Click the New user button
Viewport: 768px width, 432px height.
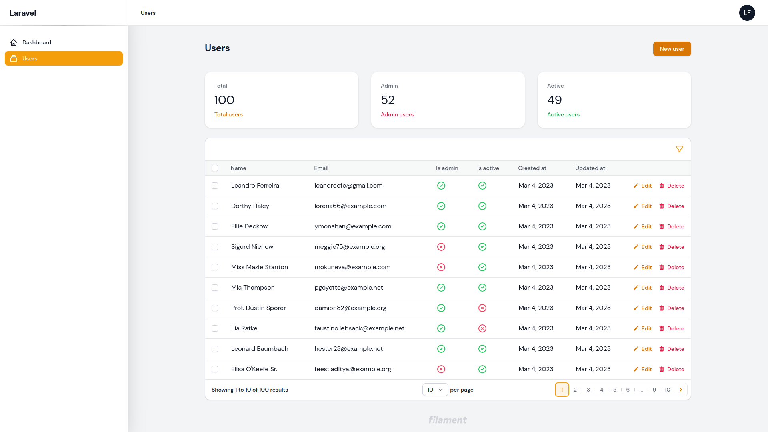click(x=672, y=49)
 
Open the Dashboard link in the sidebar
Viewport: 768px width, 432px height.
click(x=36, y=42)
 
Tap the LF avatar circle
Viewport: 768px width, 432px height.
click(x=747, y=13)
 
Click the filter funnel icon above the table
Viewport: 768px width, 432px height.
click(x=679, y=149)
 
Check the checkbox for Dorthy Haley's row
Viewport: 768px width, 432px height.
click(x=215, y=206)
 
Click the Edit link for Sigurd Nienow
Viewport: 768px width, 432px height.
click(x=643, y=247)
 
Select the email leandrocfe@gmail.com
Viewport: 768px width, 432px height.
click(x=348, y=186)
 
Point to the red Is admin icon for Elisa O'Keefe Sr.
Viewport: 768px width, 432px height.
click(x=441, y=369)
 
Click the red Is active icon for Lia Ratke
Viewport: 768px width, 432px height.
click(x=482, y=328)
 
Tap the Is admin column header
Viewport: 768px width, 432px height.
click(x=447, y=168)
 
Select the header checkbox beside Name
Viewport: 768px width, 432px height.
click(x=215, y=168)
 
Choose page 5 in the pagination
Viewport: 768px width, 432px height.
click(x=615, y=390)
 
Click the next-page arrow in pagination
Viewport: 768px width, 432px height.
click(x=681, y=390)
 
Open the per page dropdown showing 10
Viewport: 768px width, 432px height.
click(x=435, y=390)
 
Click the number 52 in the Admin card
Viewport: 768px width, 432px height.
click(x=388, y=100)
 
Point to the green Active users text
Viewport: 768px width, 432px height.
click(x=563, y=114)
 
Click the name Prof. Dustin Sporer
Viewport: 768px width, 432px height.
click(x=258, y=308)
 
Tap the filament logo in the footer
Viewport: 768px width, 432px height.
click(x=447, y=420)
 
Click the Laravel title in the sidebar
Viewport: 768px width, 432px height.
click(x=23, y=13)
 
